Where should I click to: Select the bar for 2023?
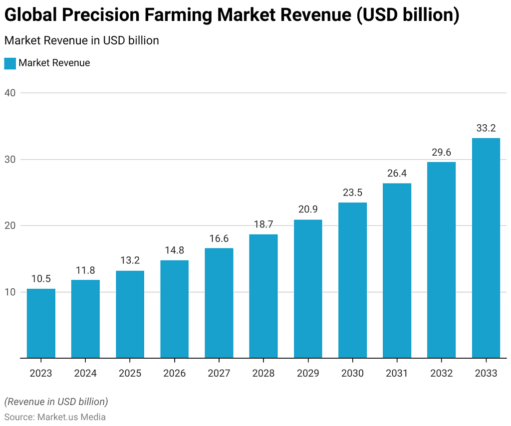click(41, 323)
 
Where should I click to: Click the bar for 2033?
click(486, 248)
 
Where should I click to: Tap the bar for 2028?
click(263, 296)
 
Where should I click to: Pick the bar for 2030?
click(352, 280)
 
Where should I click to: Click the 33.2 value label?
click(486, 128)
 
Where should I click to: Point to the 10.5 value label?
click(41, 279)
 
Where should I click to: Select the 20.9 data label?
click(308, 210)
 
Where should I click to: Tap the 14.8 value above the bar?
click(174, 250)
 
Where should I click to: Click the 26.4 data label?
click(397, 174)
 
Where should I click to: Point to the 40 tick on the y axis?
click(10, 93)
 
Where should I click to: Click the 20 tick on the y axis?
click(10, 225)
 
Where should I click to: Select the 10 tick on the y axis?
click(10, 292)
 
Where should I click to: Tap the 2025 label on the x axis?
click(130, 373)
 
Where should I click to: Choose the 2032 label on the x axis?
click(441, 373)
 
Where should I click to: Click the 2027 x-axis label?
click(219, 373)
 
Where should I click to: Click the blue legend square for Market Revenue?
click(10, 63)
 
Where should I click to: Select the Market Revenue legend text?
click(54, 63)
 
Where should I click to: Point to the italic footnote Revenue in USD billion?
click(56, 402)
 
